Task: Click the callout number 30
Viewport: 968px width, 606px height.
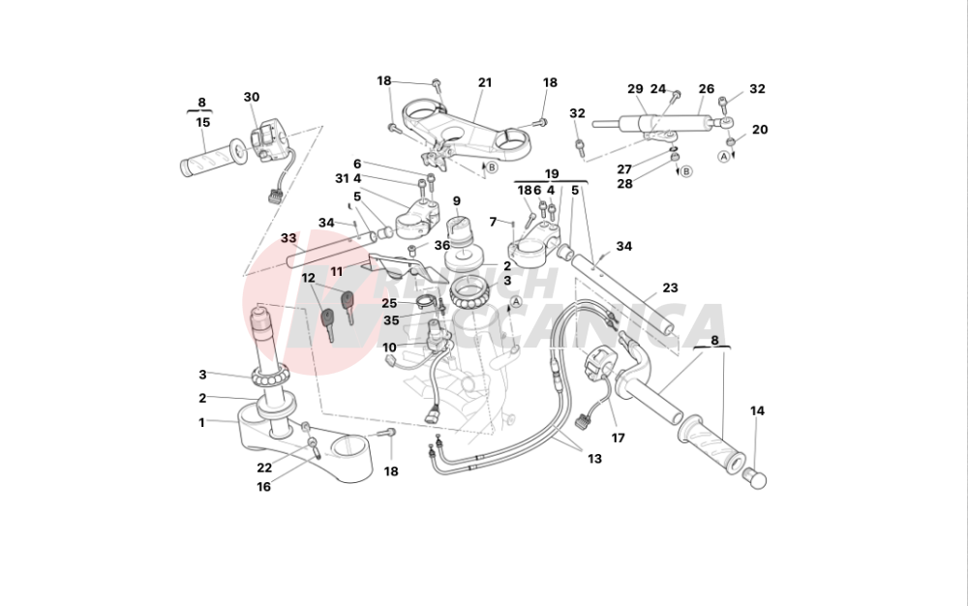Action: pos(252,97)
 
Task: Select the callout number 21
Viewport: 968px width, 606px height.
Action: pos(485,82)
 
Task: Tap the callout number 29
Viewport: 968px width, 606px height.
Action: pos(635,89)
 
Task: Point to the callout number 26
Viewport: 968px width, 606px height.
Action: pos(707,89)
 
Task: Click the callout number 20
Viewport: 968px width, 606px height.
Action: pos(760,130)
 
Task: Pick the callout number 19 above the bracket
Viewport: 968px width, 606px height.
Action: pos(552,175)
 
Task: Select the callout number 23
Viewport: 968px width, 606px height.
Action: pos(670,288)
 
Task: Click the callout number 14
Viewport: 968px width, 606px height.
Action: pos(757,411)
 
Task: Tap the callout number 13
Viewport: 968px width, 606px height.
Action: pos(594,458)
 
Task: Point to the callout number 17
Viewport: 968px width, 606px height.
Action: pos(618,438)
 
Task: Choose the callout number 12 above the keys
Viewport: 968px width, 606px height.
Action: pos(309,278)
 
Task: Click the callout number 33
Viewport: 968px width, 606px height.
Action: pos(288,238)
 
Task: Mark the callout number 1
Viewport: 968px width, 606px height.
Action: pos(202,422)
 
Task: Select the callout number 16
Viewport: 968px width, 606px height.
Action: pos(263,487)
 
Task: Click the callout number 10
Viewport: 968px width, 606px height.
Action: pos(389,347)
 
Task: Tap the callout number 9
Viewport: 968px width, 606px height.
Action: pos(456,201)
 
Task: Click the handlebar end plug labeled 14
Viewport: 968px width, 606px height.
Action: pos(753,477)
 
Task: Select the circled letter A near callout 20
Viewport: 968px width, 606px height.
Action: pos(723,155)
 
